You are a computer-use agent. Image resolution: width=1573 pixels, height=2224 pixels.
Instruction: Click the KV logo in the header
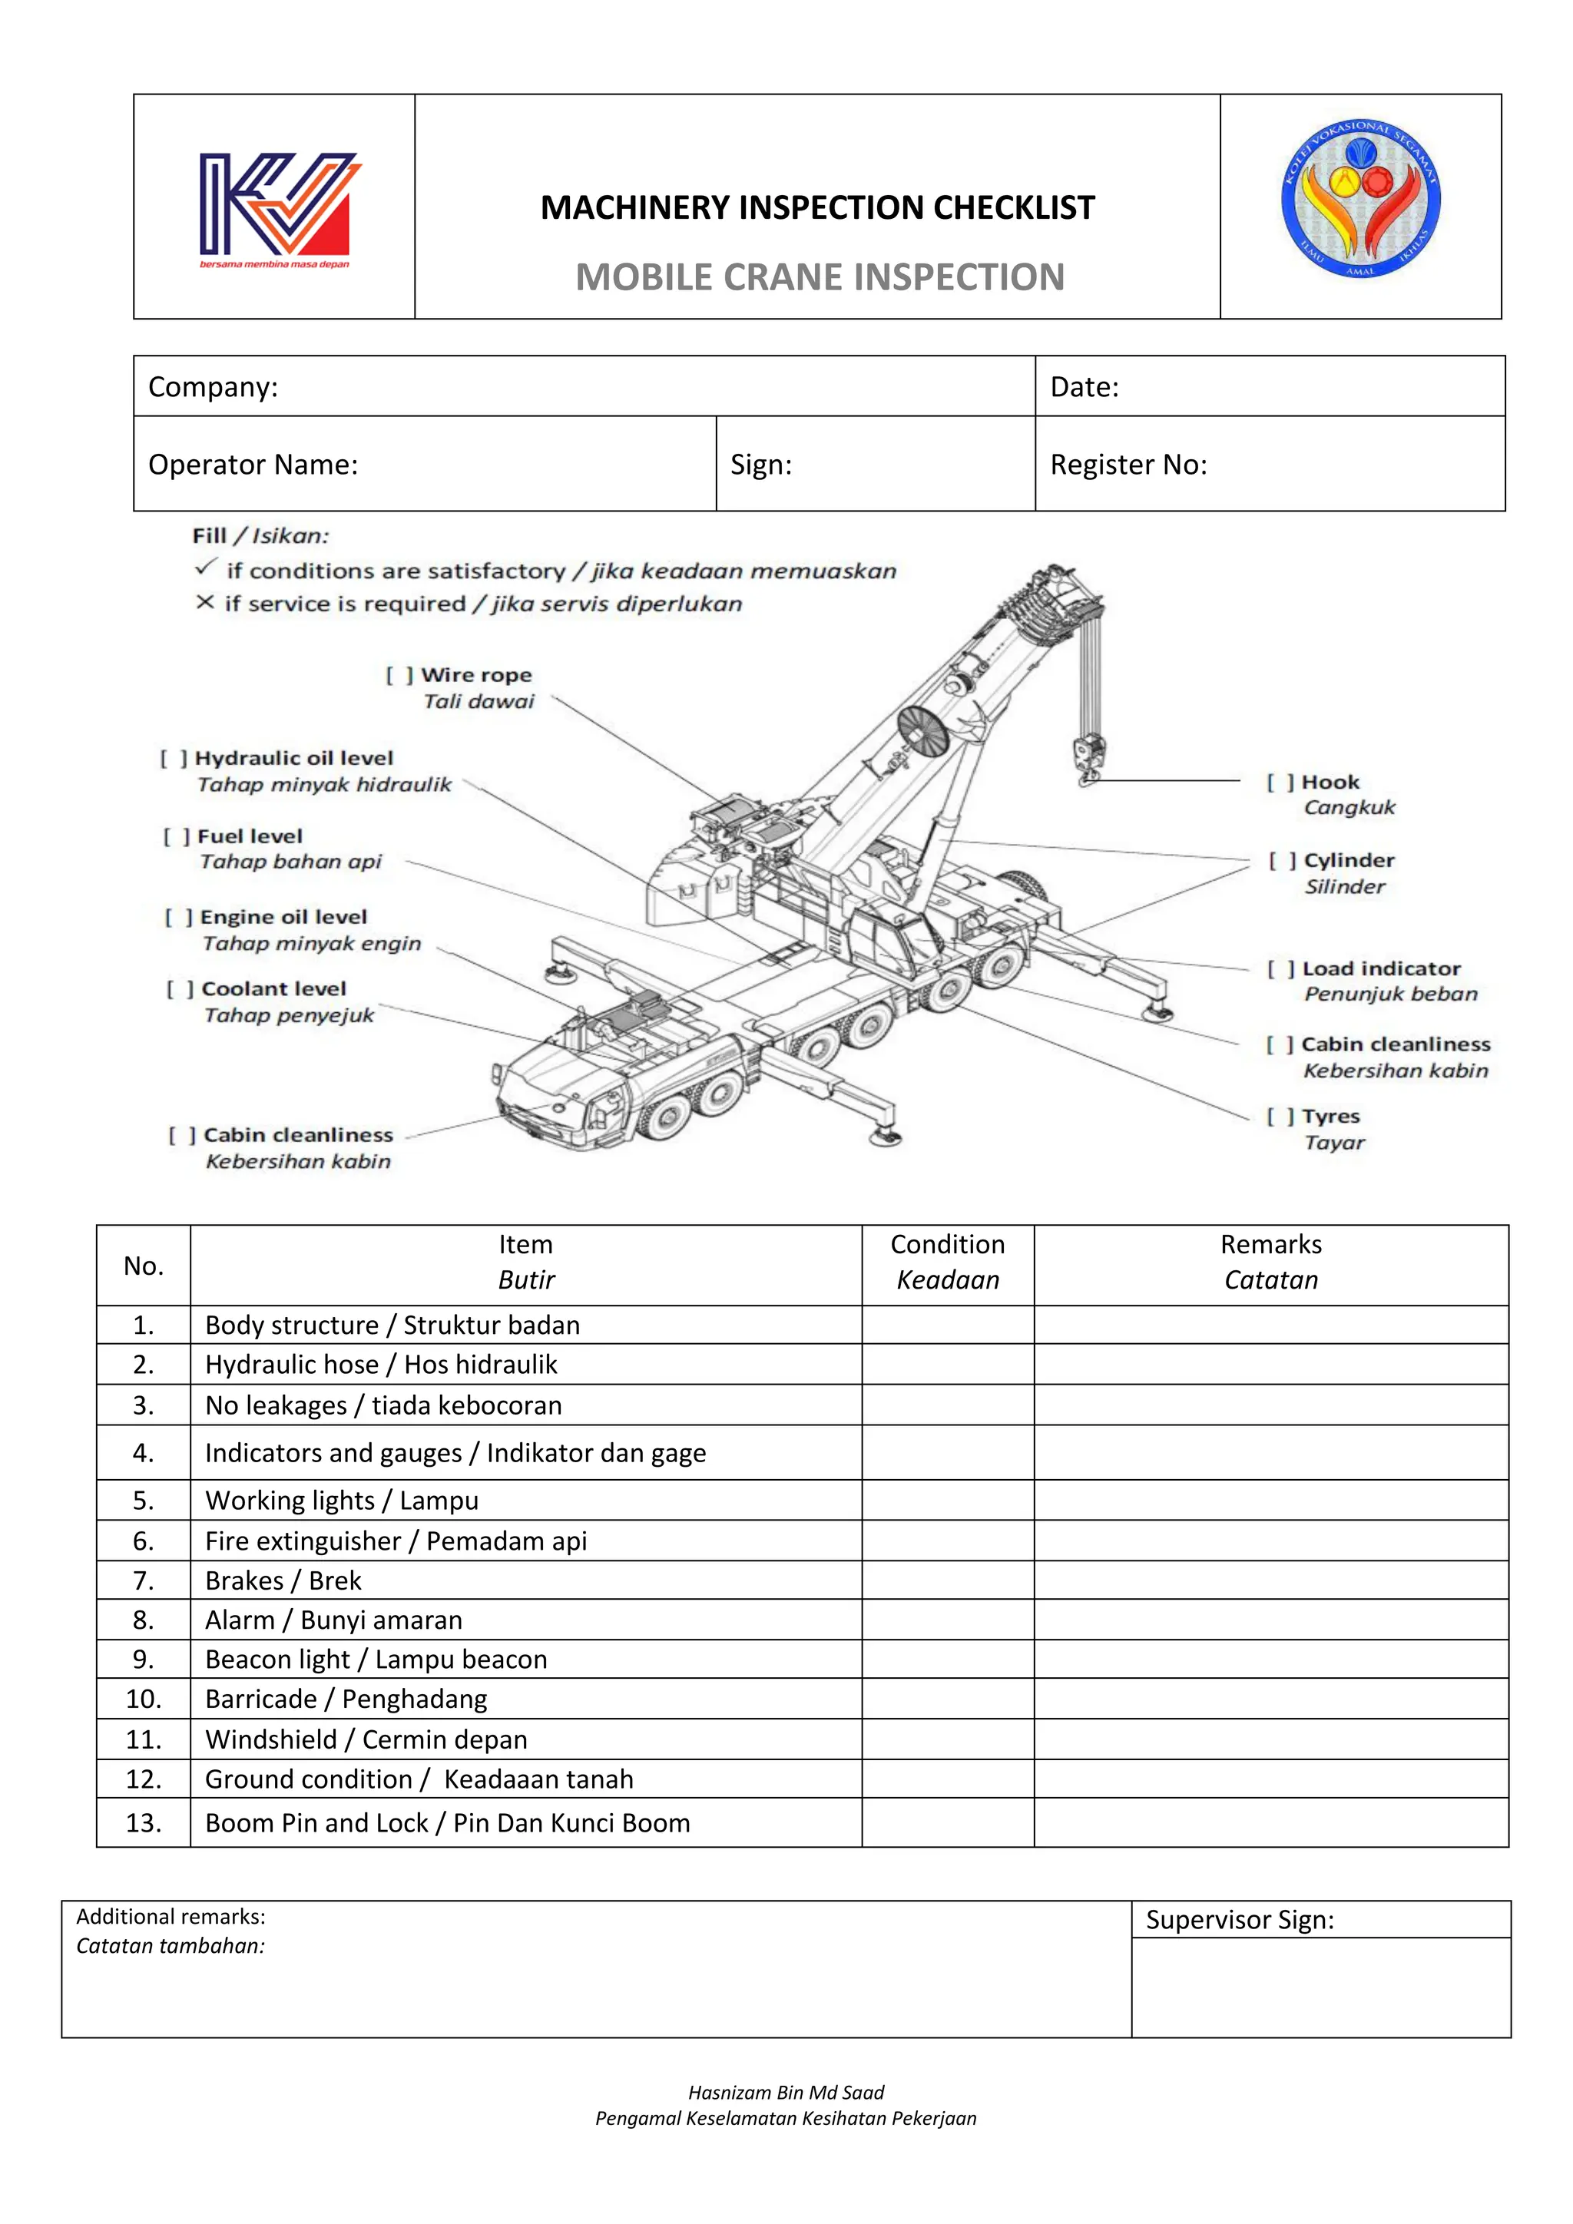click(278, 208)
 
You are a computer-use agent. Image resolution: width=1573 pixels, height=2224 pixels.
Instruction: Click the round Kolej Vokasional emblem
click(1360, 200)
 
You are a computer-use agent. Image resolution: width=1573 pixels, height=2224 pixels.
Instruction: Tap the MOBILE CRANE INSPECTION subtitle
click(820, 277)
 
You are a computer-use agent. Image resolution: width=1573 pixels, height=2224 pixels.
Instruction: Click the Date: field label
click(1084, 388)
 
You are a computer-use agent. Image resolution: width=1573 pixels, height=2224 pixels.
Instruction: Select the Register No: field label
click(1128, 465)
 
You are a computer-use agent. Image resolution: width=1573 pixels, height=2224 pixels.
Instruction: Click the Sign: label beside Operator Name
click(760, 465)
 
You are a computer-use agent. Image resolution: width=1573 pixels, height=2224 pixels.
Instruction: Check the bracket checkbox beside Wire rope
click(399, 675)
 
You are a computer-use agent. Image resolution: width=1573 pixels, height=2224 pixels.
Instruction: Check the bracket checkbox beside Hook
click(1280, 783)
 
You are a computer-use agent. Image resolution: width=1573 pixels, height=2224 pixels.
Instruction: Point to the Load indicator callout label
click(1380, 968)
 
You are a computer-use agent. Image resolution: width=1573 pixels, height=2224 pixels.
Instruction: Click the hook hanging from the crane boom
click(1088, 760)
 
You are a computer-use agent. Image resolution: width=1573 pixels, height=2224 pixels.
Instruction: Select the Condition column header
click(947, 1263)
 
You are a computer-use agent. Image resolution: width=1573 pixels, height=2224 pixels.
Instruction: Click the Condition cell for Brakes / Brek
click(947, 1580)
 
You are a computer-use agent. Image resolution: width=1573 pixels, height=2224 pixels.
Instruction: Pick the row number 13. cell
click(144, 1823)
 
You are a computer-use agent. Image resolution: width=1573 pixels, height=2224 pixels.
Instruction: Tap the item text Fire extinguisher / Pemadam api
click(396, 1541)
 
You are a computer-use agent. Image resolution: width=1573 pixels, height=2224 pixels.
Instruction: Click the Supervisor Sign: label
click(1239, 1920)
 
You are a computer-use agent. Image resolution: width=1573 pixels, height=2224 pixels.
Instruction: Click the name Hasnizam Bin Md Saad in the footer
click(786, 2092)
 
